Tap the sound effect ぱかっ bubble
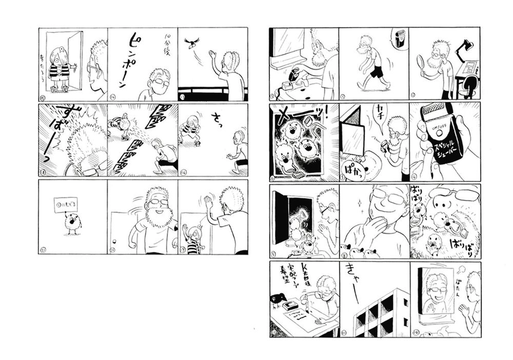click(357, 166)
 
